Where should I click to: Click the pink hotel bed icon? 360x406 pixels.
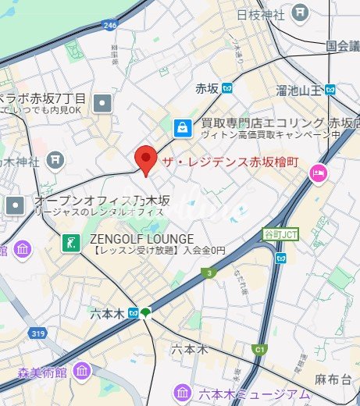coord(318,173)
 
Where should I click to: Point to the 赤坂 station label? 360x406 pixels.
coord(206,88)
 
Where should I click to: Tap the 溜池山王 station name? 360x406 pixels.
coord(299,91)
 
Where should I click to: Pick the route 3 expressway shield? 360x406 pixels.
coord(209,272)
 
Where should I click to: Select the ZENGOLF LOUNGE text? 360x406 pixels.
coord(135,238)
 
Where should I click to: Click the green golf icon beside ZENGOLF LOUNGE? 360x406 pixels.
coord(72,243)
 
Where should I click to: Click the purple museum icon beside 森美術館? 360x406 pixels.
coord(80,372)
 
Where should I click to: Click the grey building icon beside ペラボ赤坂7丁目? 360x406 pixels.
coord(102,103)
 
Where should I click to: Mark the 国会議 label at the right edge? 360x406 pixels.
coord(341,46)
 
